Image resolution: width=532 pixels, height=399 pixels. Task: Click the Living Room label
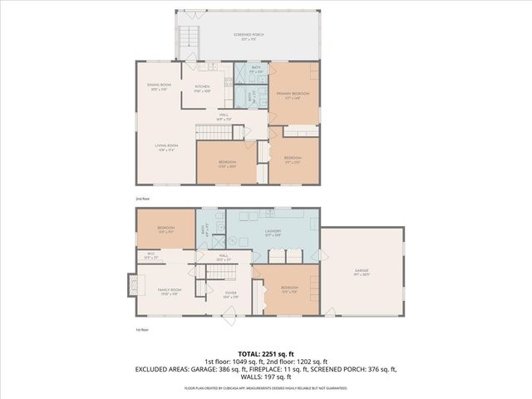pos(166,147)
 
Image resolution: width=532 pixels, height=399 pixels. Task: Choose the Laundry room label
pos(272,233)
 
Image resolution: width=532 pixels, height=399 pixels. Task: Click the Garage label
pos(361,271)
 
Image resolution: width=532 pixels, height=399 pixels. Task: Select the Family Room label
pos(170,291)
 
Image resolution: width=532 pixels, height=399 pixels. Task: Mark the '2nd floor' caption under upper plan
pos(144,199)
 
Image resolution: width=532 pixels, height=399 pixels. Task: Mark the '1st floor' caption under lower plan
pos(144,330)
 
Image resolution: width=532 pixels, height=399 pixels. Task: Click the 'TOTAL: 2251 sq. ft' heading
pos(265,352)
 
